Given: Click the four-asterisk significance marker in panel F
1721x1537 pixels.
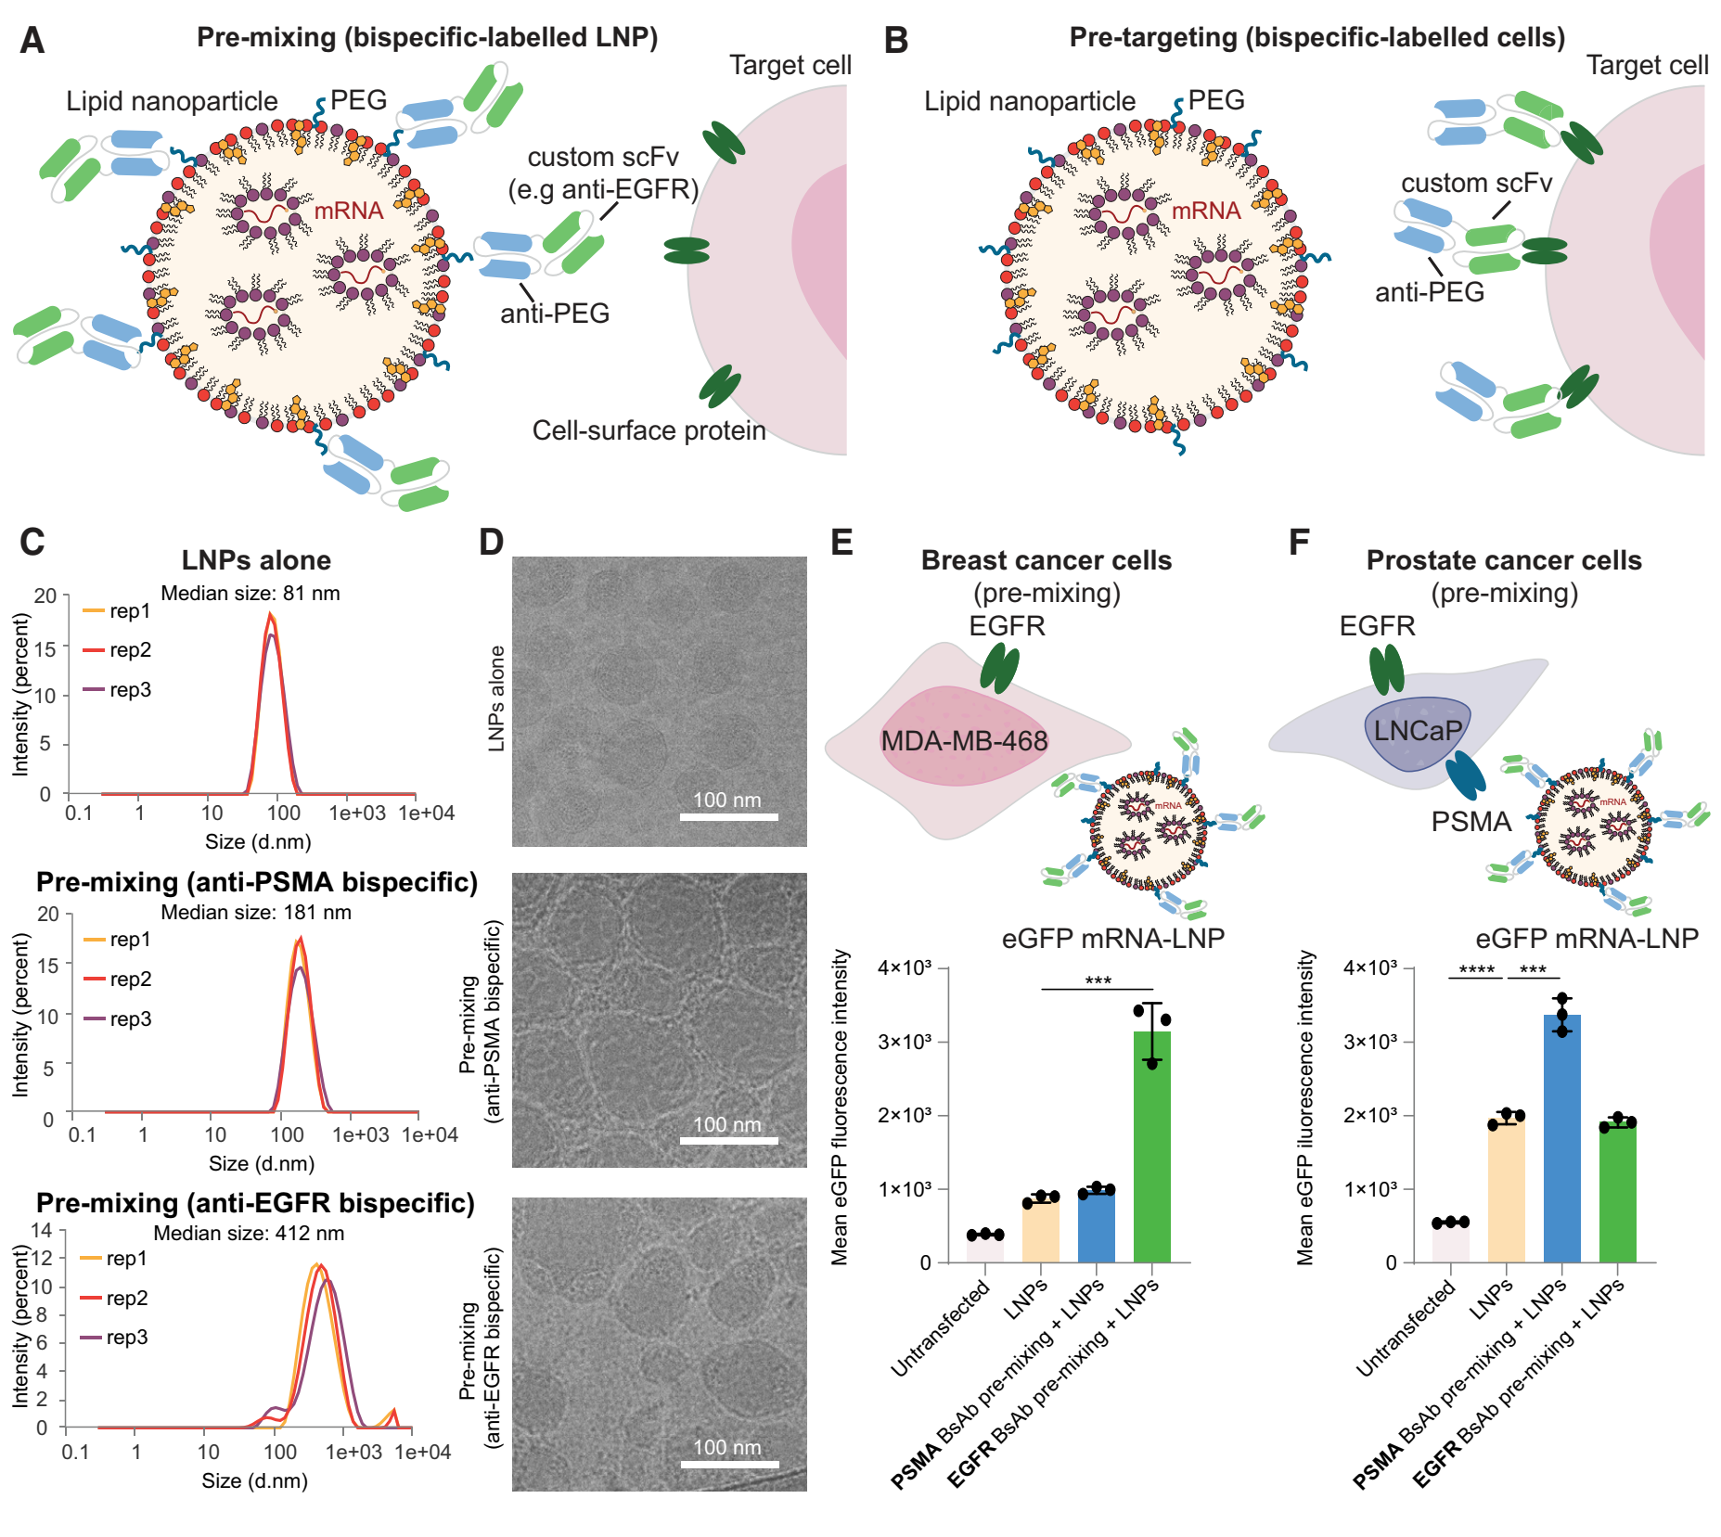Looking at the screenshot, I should point(1476,970).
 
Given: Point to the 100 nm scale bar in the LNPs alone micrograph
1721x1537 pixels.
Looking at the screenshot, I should point(728,816).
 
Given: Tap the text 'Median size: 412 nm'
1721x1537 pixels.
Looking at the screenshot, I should point(249,1233).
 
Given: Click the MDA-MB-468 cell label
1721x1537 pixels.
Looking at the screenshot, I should point(964,740).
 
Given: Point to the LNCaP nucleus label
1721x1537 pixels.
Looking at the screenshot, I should point(1417,731).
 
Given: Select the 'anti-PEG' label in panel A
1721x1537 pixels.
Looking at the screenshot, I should point(555,314).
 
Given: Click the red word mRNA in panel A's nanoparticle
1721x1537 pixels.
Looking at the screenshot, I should point(348,211).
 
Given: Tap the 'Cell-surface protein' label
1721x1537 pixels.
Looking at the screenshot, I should point(649,430).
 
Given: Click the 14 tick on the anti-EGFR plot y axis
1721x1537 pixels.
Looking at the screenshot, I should point(42,1230).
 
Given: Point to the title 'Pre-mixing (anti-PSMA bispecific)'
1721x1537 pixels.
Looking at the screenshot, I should point(257,881).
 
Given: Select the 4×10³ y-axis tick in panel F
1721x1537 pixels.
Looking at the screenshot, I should point(1369,968).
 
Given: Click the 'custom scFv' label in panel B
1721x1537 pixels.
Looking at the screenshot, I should point(1476,183).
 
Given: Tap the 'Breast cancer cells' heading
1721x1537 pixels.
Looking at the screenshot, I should point(1046,560).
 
